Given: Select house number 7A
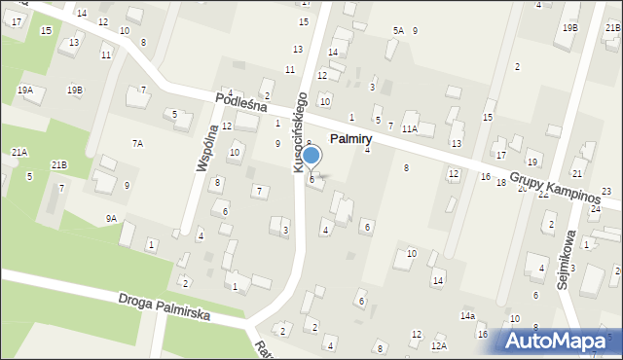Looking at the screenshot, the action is (x=138, y=144).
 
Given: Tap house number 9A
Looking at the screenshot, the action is (x=111, y=219).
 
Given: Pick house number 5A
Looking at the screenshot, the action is (x=398, y=31).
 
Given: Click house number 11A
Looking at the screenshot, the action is (x=410, y=128).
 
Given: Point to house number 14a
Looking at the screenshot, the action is (x=467, y=316).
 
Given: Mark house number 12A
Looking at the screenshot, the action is (x=439, y=346).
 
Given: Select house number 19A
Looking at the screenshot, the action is (x=25, y=90).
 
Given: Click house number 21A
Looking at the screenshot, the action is (x=19, y=153).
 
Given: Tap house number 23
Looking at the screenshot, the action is (x=605, y=192).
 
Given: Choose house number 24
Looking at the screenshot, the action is (x=595, y=209).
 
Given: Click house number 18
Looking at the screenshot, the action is (x=500, y=183).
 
